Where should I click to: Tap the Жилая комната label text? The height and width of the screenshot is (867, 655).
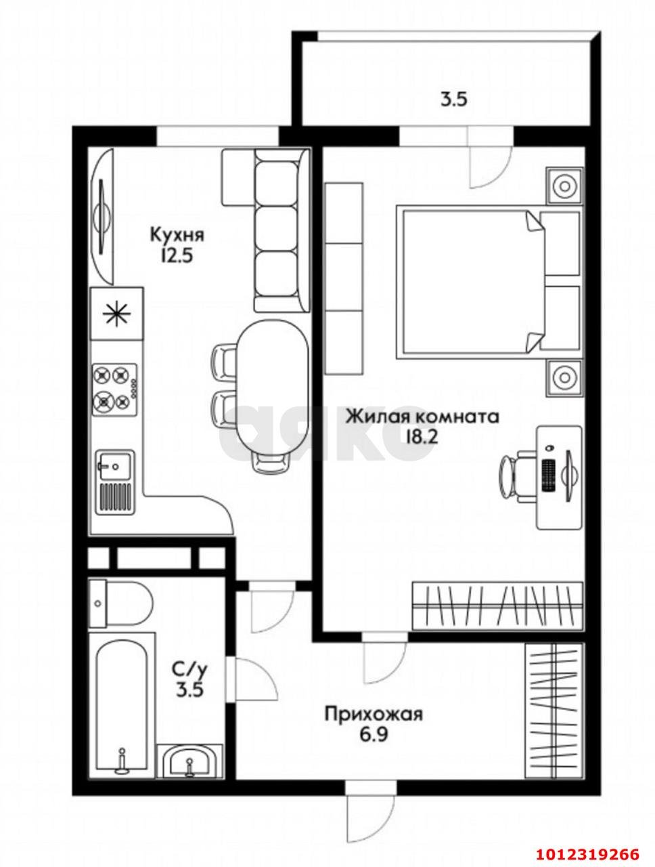pyautogui.click(x=422, y=415)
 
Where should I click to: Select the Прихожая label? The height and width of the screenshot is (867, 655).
pyautogui.click(x=373, y=714)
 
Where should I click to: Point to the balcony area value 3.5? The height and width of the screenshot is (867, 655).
pyautogui.click(x=455, y=100)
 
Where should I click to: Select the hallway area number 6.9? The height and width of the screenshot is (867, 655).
pyautogui.click(x=373, y=734)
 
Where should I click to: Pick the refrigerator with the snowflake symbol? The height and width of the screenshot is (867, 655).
pyautogui.click(x=116, y=313)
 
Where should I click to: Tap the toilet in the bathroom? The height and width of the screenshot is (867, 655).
pyautogui.click(x=122, y=603)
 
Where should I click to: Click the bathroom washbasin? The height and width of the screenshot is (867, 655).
pyautogui.click(x=189, y=760)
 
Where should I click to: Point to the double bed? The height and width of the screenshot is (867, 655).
pyautogui.click(x=474, y=281)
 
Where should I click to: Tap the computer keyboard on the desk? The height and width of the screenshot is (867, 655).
pyautogui.click(x=549, y=476)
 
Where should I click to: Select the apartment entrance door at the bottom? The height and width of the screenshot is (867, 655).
pyautogui.click(x=369, y=813)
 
